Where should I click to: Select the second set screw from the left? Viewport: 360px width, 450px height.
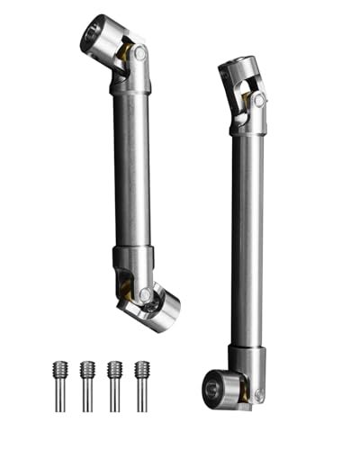click(87, 382)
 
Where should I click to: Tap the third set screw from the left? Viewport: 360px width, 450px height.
click(114, 382)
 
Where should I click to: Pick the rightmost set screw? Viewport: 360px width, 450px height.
click(141, 382)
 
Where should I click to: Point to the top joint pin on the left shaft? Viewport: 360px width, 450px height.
click(139, 54)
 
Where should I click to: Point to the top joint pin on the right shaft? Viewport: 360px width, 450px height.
click(258, 102)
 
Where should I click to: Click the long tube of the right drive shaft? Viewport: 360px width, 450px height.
click(248, 234)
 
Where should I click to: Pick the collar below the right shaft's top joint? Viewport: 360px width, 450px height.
click(247, 126)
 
